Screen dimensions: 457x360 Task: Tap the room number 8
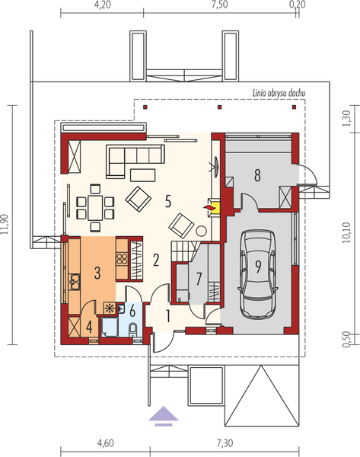pos(258,175)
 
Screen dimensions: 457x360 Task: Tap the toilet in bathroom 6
pos(133,329)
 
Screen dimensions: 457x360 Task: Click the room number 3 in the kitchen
pos(97,271)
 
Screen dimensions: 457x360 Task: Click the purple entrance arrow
pos(160,417)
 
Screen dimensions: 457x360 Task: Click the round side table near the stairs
pos(202,230)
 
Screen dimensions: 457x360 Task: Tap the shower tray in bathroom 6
pos(110,328)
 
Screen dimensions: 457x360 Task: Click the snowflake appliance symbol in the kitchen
pos(110,308)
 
